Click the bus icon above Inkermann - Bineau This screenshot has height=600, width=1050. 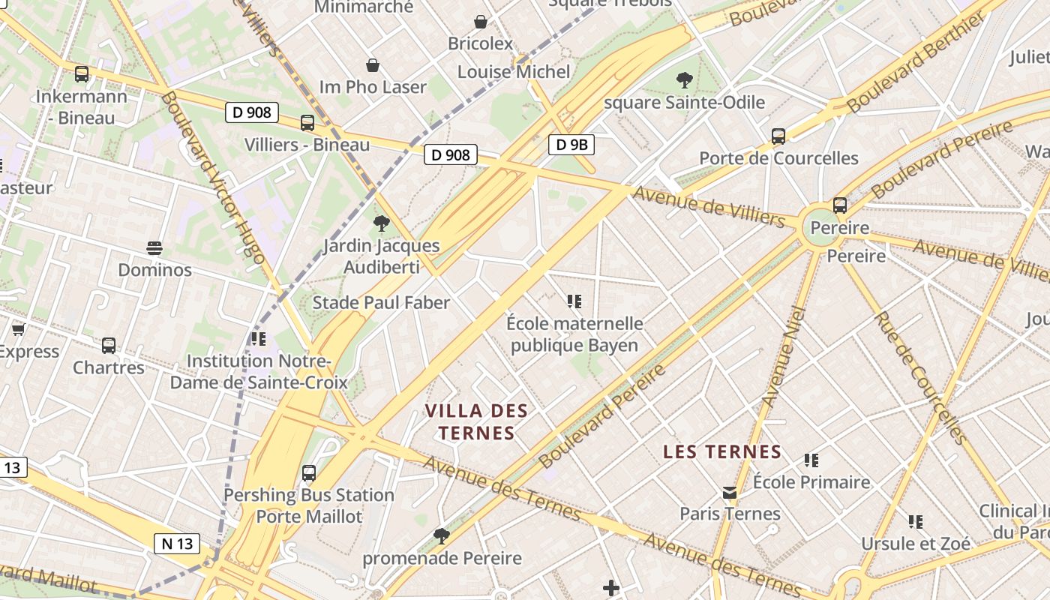coord(82,74)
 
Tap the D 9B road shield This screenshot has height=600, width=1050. coord(571,145)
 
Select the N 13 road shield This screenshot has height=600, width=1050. coord(177,544)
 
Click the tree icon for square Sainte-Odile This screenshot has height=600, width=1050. coord(684,79)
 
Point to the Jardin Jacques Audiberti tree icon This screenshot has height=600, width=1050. coord(382,223)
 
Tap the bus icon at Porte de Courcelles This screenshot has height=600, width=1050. coord(778,136)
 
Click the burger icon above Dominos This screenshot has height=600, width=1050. coord(154,248)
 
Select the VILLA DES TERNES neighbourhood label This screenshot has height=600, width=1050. coord(476,421)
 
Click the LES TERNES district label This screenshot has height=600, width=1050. coord(723,451)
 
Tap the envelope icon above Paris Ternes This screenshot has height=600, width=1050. coord(730,493)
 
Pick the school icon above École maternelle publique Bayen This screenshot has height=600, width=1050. coord(574,301)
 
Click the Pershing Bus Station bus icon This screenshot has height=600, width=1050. coord(309,473)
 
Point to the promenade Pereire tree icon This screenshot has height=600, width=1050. coord(442,535)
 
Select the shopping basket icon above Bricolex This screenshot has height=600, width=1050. coord(481,22)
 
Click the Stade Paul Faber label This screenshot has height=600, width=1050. coord(381,302)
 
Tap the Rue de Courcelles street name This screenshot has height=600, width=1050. coord(919,376)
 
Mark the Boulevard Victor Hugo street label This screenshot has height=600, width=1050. coord(212,178)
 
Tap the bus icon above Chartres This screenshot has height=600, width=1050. coord(109,346)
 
